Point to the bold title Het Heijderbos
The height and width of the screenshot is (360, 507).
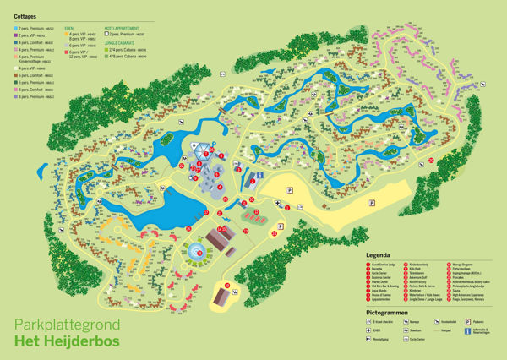pyautogui.click(x=66, y=342)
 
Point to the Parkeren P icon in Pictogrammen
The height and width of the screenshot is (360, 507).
pyautogui.click(x=468, y=321)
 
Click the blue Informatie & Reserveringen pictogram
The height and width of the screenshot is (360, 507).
pyautogui.click(x=468, y=332)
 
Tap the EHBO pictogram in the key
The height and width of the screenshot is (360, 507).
pyautogui.click(x=368, y=332)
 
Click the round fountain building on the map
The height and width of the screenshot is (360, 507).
pyautogui.click(x=197, y=251)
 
